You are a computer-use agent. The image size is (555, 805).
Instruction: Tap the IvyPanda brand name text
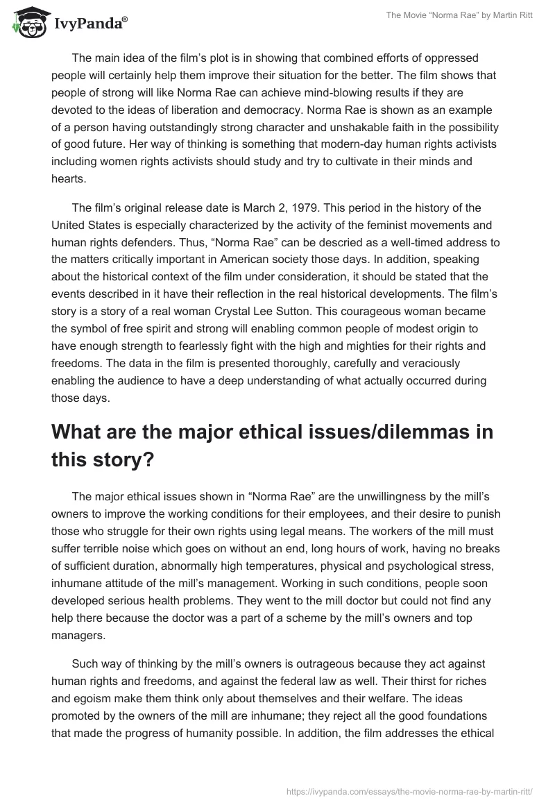click(90, 24)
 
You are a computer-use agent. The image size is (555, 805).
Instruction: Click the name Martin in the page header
click(499, 16)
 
